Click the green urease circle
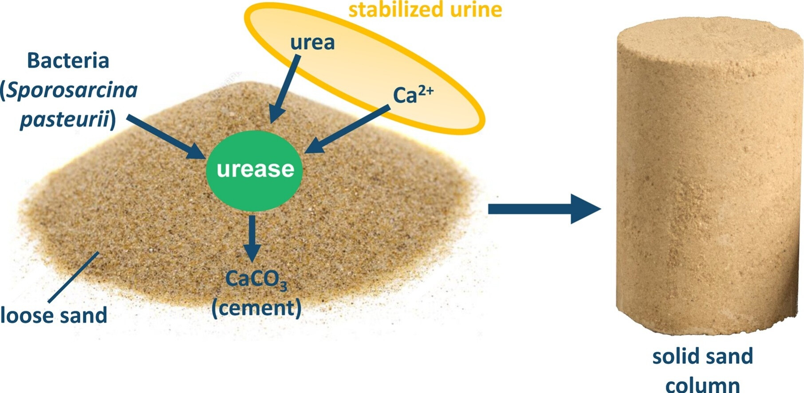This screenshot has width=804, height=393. [x=254, y=170]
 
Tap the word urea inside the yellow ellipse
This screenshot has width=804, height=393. [x=312, y=43]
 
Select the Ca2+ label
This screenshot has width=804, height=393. [x=413, y=94]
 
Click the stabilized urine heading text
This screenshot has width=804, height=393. [x=425, y=10]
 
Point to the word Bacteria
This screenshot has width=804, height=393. [x=68, y=61]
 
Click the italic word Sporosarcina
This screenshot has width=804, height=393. [x=71, y=90]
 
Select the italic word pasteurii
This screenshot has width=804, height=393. [x=65, y=119]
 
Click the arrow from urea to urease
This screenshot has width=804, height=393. [x=285, y=89]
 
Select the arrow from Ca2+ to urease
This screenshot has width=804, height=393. [x=348, y=129]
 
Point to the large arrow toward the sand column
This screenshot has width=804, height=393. [x=544, y=208]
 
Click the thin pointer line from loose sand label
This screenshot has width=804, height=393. [x=73, y=277]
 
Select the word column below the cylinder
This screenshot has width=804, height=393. [x=702, y=385]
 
